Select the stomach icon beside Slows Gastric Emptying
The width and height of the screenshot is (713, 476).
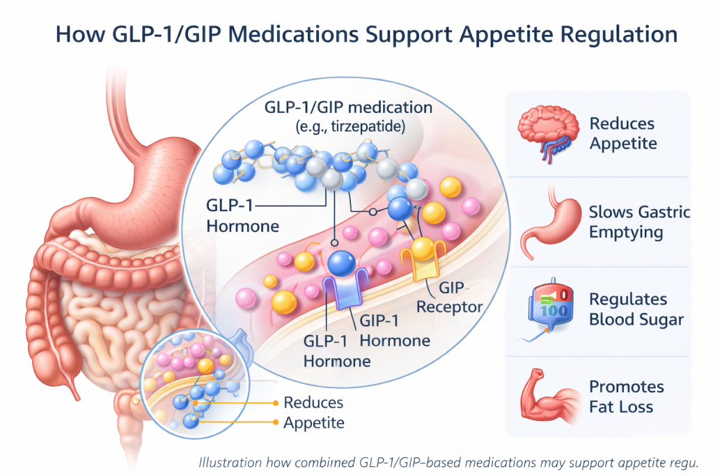point(546,221)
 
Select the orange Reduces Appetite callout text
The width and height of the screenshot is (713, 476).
point(313,412)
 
